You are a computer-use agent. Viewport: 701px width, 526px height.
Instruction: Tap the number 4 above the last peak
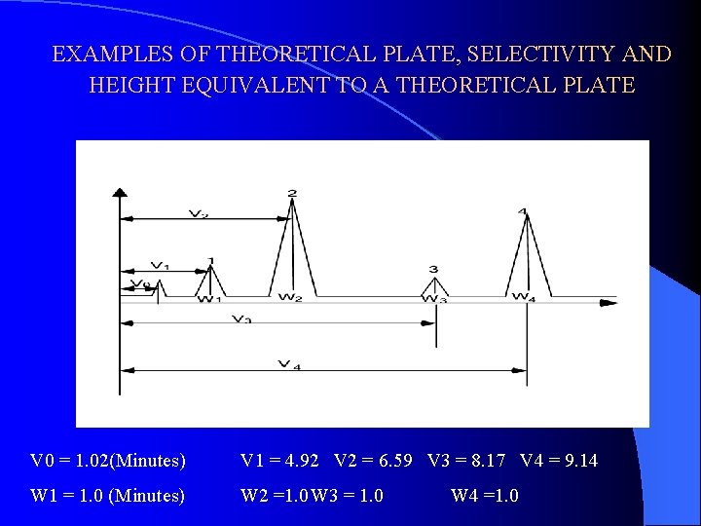(x=524, y=211)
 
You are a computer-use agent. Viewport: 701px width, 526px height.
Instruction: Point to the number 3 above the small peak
(x=433, y=269)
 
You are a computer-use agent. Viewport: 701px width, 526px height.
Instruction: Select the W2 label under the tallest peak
(x=290, y=297)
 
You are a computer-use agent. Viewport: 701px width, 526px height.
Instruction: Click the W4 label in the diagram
(x=523, y=297)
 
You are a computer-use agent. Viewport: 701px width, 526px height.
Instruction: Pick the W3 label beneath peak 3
(x=434, y=300)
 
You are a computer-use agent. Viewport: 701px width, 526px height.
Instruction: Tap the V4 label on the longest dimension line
(x=289, y=364)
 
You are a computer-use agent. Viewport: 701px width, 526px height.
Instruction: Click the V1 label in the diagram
(x=160, y=266)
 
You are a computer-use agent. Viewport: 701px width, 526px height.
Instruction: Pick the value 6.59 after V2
(x=394, y=460)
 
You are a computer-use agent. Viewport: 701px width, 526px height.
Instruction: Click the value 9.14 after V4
(x=580, y=460)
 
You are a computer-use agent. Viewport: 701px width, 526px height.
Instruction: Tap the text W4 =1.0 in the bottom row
(x=484, y=496)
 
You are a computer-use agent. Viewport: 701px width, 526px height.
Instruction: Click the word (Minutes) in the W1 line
(x=147, y=496)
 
